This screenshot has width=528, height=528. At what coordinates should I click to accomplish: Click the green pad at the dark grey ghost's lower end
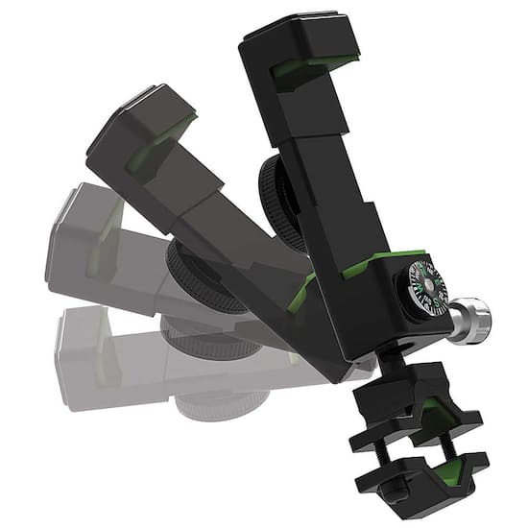(x=305, y=288)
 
